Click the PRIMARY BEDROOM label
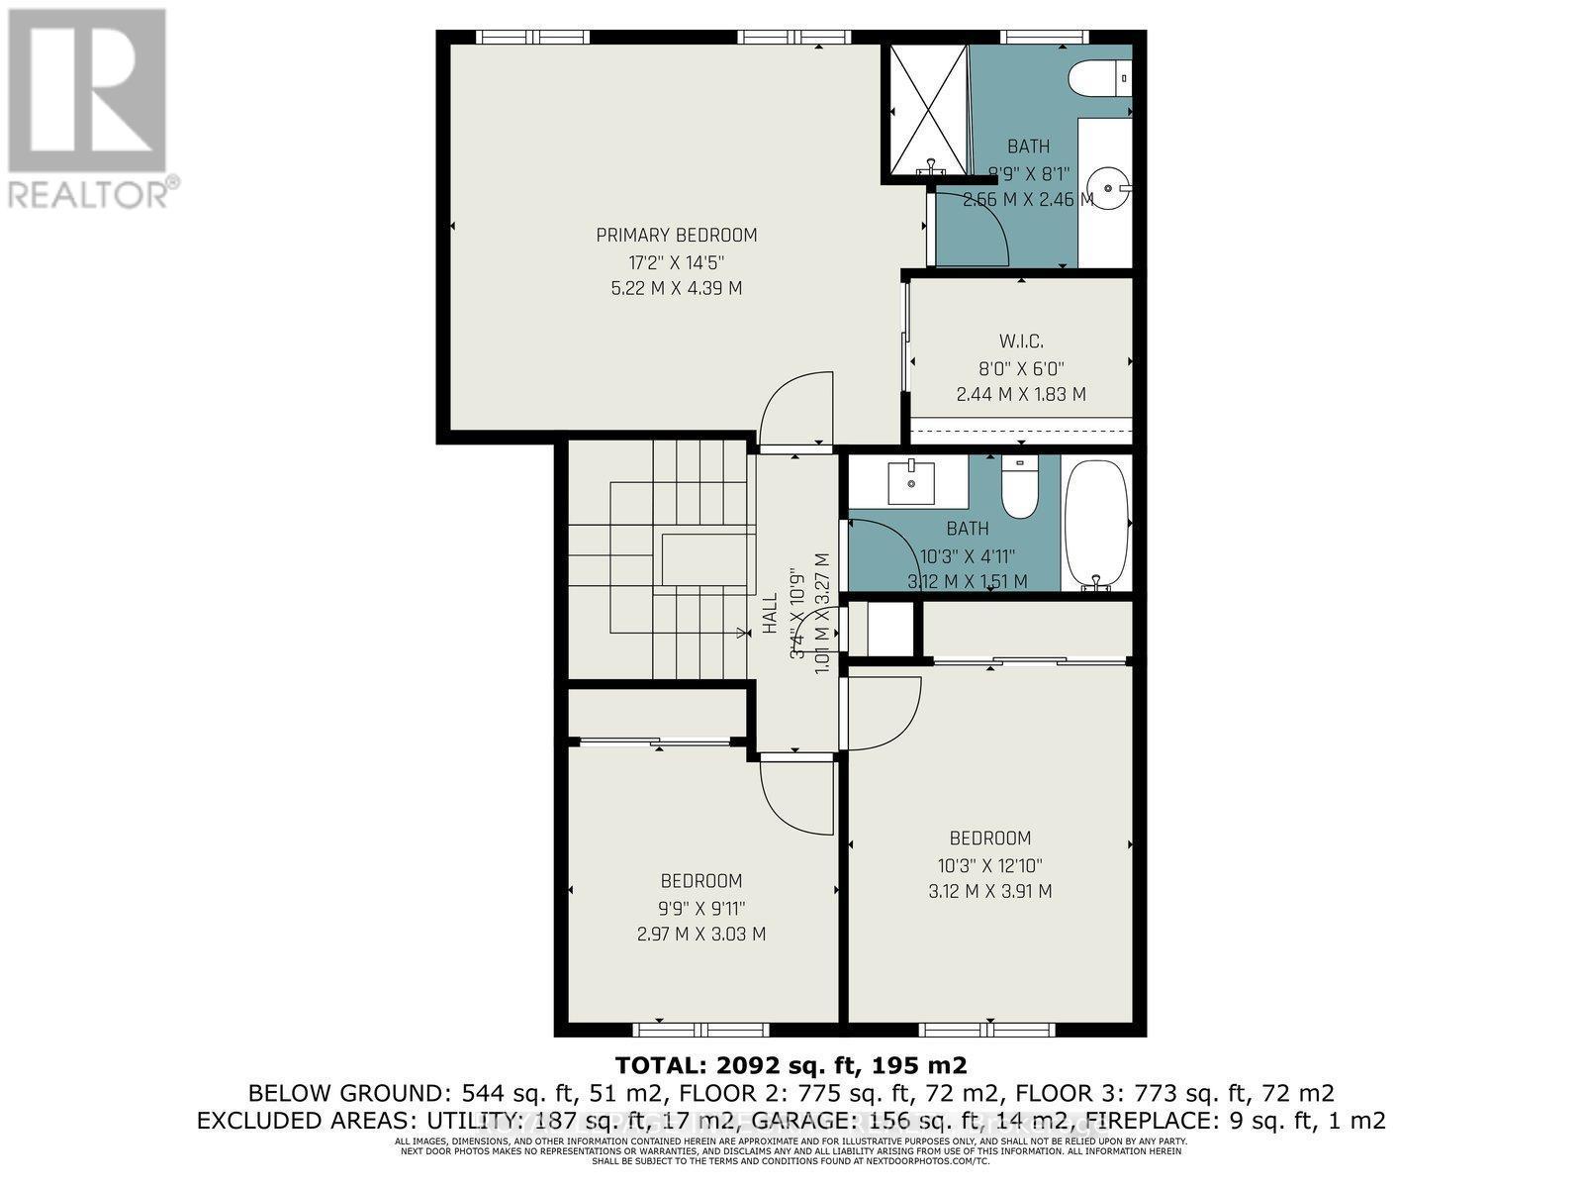677,236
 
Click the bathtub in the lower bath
1095,522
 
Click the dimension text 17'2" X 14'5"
677,262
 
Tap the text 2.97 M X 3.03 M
701,934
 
